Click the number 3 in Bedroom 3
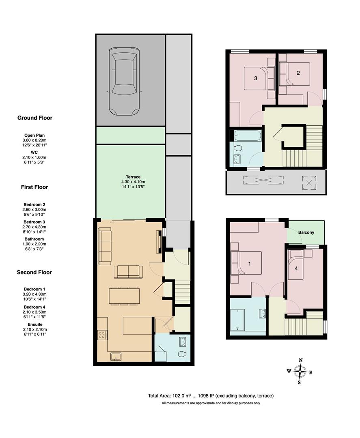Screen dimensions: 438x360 [255, 78]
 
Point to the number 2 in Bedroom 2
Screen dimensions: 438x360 [298, 73]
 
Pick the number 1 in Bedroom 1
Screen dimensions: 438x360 [249, 264]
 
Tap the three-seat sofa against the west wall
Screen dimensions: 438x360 [105, 246]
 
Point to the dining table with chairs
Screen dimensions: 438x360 [124, 296]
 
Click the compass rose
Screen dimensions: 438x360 [300, 371]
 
